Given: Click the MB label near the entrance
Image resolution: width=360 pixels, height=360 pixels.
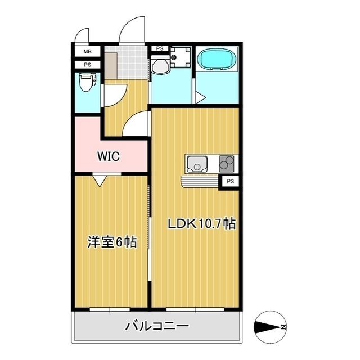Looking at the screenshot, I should point(87,52).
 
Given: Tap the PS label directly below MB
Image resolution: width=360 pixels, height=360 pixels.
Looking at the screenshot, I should point(87,65).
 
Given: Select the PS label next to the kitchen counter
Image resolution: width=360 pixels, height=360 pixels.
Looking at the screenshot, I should point(231,181).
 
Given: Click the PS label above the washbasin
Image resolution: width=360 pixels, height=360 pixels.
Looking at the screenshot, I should point(160,49).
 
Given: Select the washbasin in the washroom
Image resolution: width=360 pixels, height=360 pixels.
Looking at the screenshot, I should point(160,65).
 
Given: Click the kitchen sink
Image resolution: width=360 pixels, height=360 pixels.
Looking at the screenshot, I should point(197,164).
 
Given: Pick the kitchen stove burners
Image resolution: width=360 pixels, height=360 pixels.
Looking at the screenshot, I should point(227,163).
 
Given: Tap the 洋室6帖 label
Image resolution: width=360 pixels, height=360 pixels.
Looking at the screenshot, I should point(111,242).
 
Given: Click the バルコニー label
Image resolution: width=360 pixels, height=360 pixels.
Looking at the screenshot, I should point(157,326).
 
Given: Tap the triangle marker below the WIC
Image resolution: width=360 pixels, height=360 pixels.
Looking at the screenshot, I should point(100,181).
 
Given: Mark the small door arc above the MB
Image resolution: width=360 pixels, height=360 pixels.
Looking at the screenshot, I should point(84,35).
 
